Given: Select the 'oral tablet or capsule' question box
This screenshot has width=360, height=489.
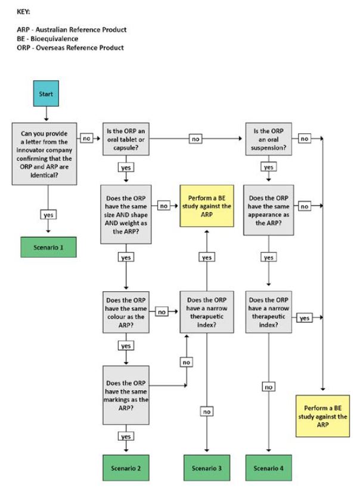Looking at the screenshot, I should [126, 138].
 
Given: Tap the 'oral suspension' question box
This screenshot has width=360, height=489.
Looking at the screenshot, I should [268, 138].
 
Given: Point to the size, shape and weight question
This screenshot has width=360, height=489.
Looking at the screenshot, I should [126, 214].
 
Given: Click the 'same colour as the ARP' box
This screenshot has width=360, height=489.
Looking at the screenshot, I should [126, 312].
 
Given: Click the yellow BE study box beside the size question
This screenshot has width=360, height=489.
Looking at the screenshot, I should [207, 205].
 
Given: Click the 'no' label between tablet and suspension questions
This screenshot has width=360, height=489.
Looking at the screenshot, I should [195, 139].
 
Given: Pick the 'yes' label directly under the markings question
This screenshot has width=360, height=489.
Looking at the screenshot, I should [126, 437].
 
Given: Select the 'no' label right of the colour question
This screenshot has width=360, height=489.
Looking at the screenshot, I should [161, 312].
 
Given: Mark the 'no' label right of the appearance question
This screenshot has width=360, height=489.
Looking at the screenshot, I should [305, 206].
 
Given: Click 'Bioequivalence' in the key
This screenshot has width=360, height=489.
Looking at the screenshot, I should [54, 39].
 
